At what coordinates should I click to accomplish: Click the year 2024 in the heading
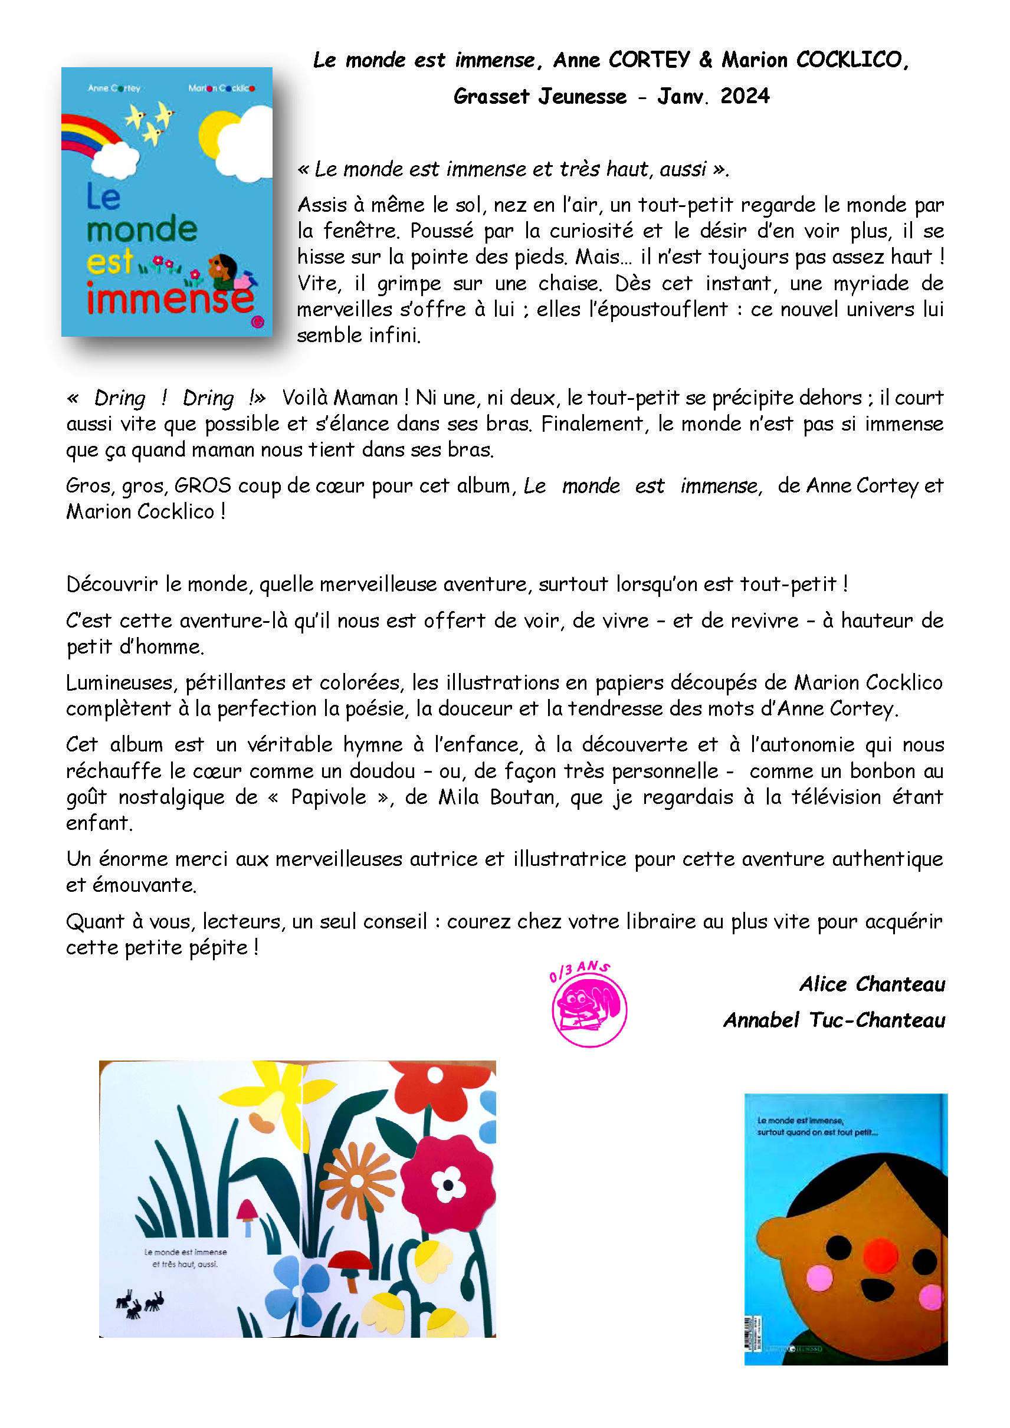tap(745, 96)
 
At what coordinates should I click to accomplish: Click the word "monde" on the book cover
tap(142, 229)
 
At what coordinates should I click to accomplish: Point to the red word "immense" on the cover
tap(170, 298)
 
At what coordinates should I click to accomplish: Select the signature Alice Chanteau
tap(872, 984)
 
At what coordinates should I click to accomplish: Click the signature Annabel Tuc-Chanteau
tap(834, 1020)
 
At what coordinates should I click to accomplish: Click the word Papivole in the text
tap(329, 797)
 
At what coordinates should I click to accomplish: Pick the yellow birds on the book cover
tap(150, 122)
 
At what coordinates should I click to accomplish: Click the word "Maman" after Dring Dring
tap(365, 398)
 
